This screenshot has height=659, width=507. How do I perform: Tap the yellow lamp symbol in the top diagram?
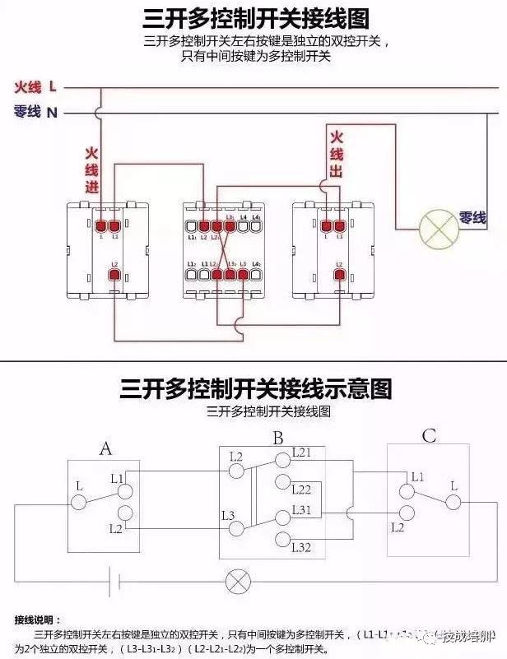(438, 228)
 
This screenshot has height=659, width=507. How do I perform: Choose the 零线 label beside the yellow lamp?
(472, 218)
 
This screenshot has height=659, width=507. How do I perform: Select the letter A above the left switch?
(105, 448)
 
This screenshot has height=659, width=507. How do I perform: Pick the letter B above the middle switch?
(278, 438)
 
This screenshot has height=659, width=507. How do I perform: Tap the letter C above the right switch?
(429, 436)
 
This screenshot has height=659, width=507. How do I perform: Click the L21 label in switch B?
(302, 453)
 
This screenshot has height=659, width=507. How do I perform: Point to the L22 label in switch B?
(302, 490)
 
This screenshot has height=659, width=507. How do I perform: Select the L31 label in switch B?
(302, 511)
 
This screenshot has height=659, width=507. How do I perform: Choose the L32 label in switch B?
(302, 546)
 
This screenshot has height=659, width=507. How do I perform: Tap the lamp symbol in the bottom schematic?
(238, 582)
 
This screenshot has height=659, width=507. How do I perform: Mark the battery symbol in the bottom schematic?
(116, 582)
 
